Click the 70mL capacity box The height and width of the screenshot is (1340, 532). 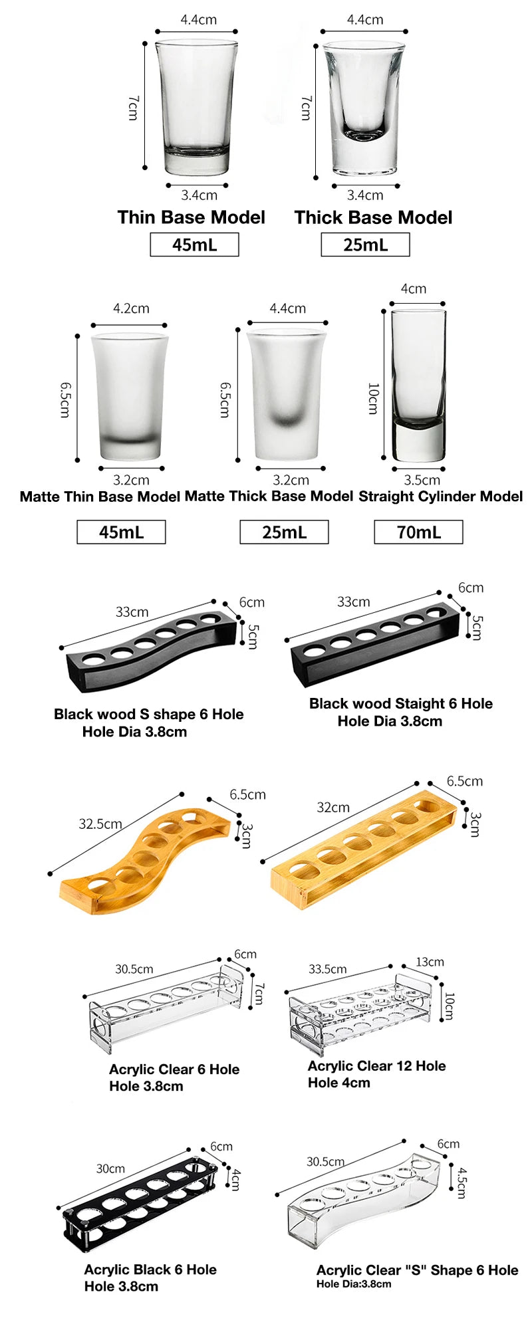[418, 532]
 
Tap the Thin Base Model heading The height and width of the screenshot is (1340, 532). [192, 217]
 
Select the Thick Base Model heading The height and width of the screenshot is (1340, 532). [373, 217]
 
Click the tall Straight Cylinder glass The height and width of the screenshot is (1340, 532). [418, 386]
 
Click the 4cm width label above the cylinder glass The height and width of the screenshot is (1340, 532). [414, 288]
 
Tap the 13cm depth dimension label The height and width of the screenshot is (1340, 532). [430, 962]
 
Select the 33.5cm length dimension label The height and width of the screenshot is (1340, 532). [327, 969]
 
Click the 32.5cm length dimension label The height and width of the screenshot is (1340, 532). [100, 824]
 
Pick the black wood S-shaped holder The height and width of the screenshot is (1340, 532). [152, 652]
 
